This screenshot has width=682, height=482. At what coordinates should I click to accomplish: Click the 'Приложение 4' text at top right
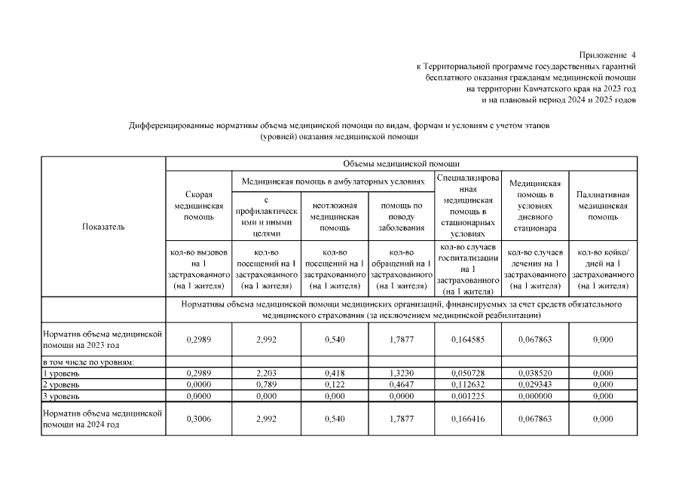point(608,56)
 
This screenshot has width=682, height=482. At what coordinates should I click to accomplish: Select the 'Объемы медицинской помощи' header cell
point(401,163)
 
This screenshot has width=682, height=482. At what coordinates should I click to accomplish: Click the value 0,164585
point(468,340)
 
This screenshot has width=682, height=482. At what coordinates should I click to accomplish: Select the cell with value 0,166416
point(468,419)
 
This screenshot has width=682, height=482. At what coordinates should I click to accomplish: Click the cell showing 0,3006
point(198,419)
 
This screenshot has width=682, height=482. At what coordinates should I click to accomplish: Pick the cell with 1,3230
point(401,373)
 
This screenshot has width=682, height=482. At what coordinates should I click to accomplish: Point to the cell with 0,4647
point(401,384)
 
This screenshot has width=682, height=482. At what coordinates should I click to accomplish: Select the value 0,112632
point(468,384)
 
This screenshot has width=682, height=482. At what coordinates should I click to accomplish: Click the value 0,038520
point(535,373)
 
